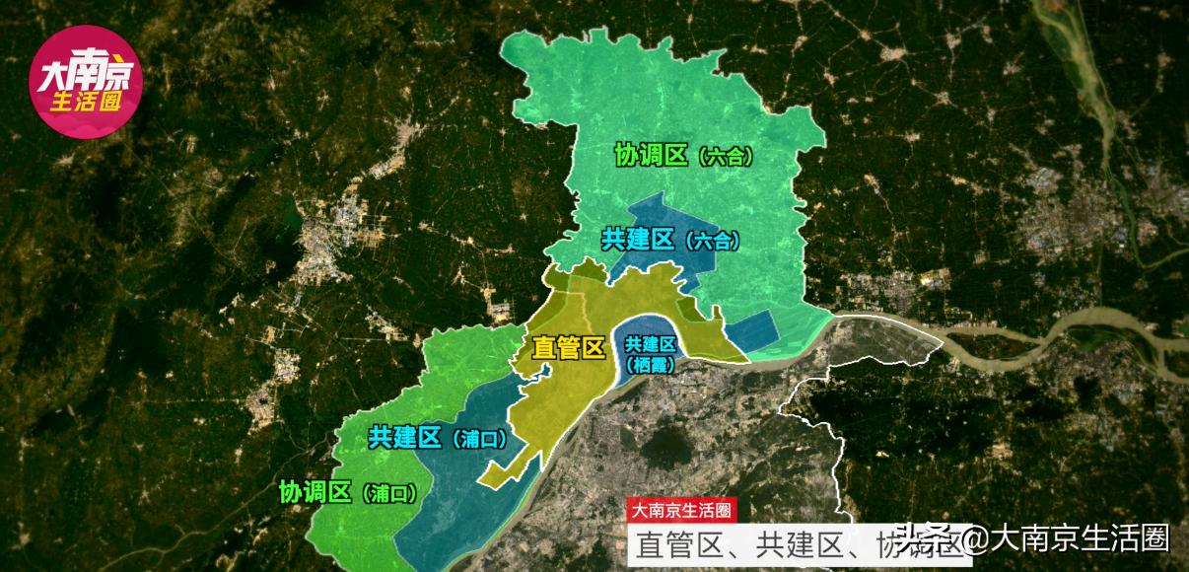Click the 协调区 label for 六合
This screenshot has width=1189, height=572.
coord(651,156)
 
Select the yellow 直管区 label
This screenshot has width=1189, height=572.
coord(567,348)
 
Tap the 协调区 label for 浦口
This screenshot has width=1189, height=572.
coord(315,491)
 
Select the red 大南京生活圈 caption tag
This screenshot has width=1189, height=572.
coord(681,511)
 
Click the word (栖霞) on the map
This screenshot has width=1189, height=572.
coord(651,364)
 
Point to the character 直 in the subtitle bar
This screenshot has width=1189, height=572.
coord(651,544)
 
